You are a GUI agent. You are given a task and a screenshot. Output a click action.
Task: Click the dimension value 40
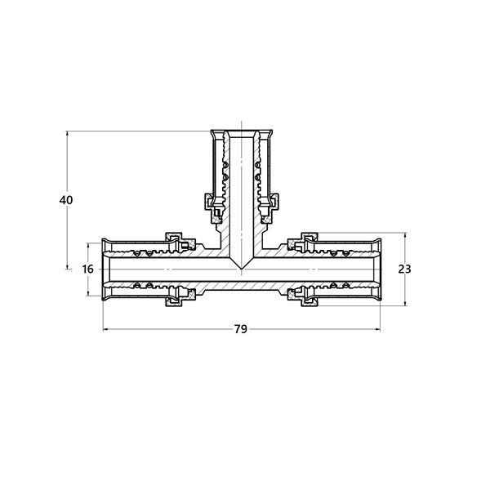click(x=66, y=200)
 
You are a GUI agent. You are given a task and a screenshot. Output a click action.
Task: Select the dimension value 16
click(x=88, y=269)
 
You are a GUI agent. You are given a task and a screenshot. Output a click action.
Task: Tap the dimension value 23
click(x=405, y=269)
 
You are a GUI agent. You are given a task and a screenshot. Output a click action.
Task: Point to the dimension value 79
click(x=241, y=329)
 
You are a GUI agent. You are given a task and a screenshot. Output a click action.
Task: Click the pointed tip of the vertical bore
click(x=241, y=269)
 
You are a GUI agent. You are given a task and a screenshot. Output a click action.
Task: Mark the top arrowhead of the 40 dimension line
click(x=67, y=133)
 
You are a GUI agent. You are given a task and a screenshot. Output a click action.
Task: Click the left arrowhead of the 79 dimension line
click(x=105, y=329)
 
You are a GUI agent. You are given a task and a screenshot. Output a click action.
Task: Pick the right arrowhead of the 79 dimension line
click(x=377, y=329)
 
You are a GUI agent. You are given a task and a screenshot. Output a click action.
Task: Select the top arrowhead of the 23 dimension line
click(x=405, y=235)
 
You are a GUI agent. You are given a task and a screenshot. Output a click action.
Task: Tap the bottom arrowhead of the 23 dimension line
click(x=405, y=303)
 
